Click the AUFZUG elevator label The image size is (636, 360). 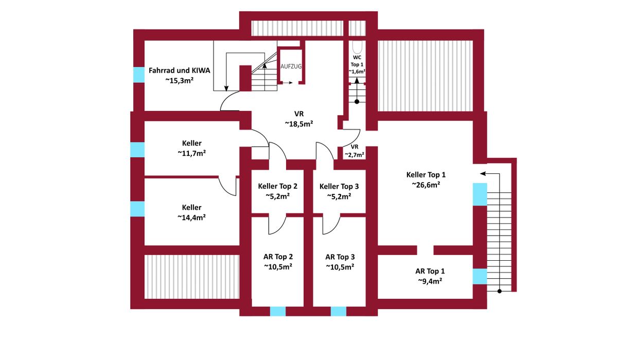[x=291, y=66]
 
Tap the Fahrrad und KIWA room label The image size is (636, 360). [x=179, y=70]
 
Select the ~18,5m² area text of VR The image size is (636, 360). [x=299, y=124]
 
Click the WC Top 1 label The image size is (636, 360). [x=357, y=61]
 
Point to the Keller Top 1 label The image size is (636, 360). [x=426, y=174]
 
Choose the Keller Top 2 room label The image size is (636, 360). [x=278, y=186]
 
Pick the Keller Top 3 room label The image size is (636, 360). [x=339, y=186]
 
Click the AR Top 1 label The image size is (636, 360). [x=430, y=271]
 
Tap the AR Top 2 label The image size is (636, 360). [x=278, y=257]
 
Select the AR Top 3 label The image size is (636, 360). [x=340, y=257]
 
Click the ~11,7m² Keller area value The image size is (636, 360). [x=191, y=153]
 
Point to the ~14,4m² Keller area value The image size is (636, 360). [x=191, y=218]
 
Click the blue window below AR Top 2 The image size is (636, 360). [x=278, y=311]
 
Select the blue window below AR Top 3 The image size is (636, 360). [x=339, y=311]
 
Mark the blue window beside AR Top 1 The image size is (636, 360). [x=480, y=276]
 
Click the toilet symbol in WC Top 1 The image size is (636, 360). [x=358, y=45]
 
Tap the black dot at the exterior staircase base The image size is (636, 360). [x=499, y=292]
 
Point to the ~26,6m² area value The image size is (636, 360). [x=426, y=185]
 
